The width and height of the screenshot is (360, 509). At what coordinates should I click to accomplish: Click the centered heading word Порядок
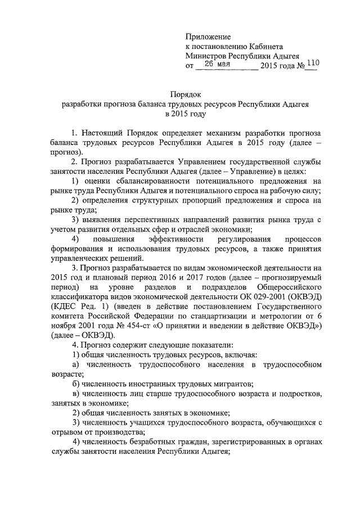pos(186,94)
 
